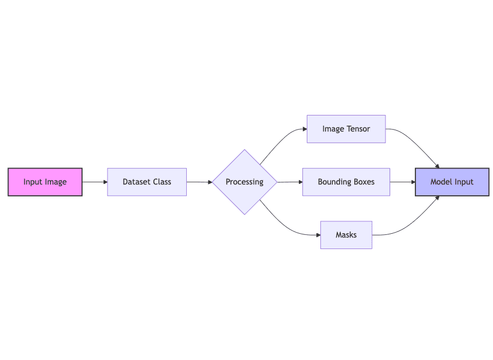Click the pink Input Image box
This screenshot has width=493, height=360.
45,182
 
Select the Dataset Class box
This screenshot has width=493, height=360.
147,182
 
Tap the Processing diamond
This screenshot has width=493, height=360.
245,182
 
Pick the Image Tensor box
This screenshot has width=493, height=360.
346,129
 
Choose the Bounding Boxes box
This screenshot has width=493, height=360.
346,182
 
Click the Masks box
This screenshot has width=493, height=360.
346,234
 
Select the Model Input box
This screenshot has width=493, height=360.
452,182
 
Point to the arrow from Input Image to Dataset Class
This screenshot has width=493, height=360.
95,182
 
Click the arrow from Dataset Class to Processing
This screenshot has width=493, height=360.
199,182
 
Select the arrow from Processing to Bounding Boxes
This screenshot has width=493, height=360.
290,182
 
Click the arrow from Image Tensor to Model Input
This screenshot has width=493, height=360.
416,144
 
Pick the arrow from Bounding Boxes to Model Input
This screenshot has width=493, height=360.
402,182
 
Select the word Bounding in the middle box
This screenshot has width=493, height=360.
334,182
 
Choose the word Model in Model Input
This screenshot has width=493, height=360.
441,182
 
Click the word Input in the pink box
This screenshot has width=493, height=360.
33,182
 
